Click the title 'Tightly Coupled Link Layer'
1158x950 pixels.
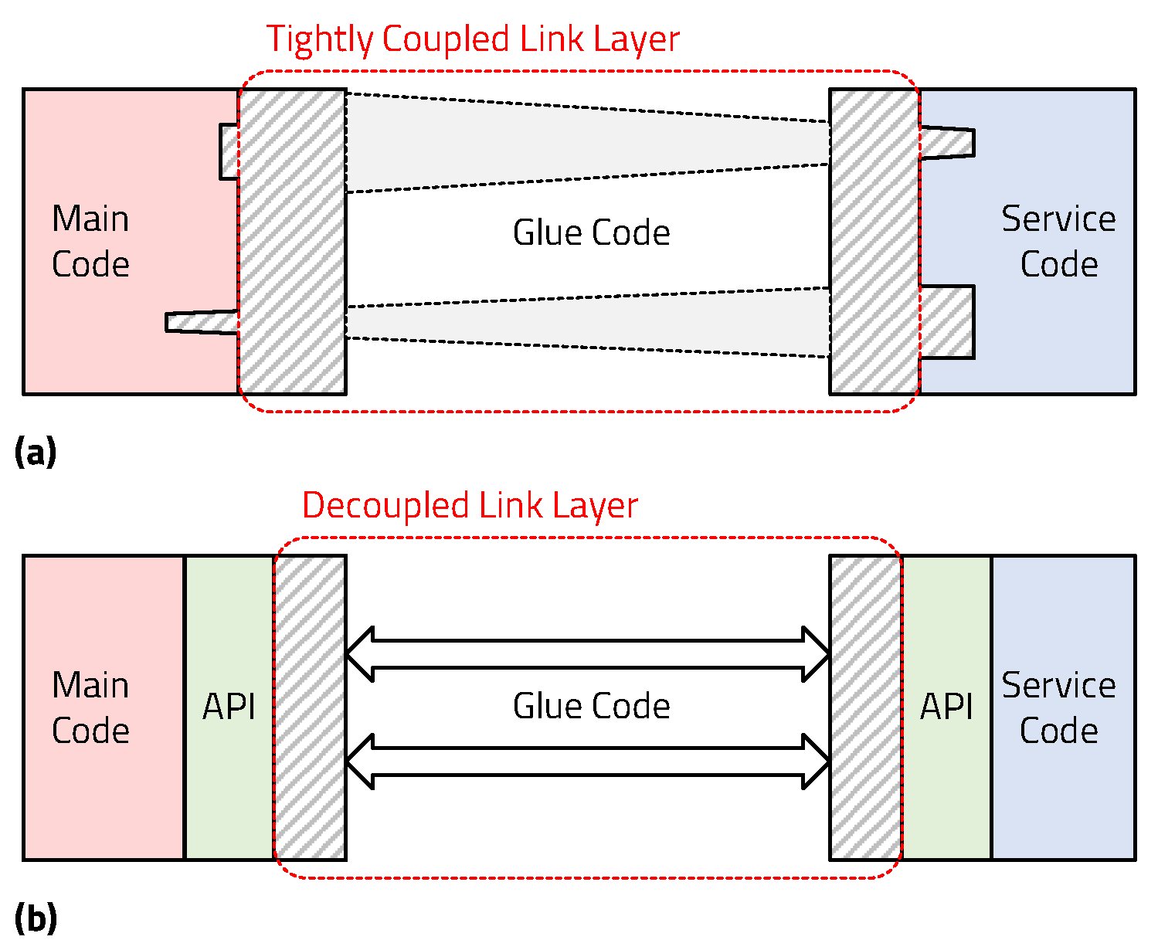coord(473,39)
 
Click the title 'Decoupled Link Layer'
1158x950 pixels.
coord(470,506)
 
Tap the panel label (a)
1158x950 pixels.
coord(36,452)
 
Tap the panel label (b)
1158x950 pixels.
coord(36,918)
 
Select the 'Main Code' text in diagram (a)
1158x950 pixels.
coord(90,242)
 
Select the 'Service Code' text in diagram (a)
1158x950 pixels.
coord(1058,242)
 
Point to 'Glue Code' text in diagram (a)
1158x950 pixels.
coord(591,232)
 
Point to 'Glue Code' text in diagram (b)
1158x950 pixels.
coord(591,706)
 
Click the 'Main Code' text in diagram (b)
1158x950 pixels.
coord(90,707)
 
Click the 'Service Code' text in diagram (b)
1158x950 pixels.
coord(1058,707)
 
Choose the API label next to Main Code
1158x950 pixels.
coord(229,707)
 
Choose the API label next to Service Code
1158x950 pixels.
coord(946,707)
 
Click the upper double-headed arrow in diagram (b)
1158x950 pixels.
coord(588,654)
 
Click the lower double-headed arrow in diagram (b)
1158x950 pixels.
coord(588,762)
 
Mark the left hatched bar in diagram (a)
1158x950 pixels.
coord(292,241)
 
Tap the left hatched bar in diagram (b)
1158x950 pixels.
coord(311,707)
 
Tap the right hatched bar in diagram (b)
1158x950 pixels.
coord(865,707)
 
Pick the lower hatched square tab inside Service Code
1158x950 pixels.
coord(947,322)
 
